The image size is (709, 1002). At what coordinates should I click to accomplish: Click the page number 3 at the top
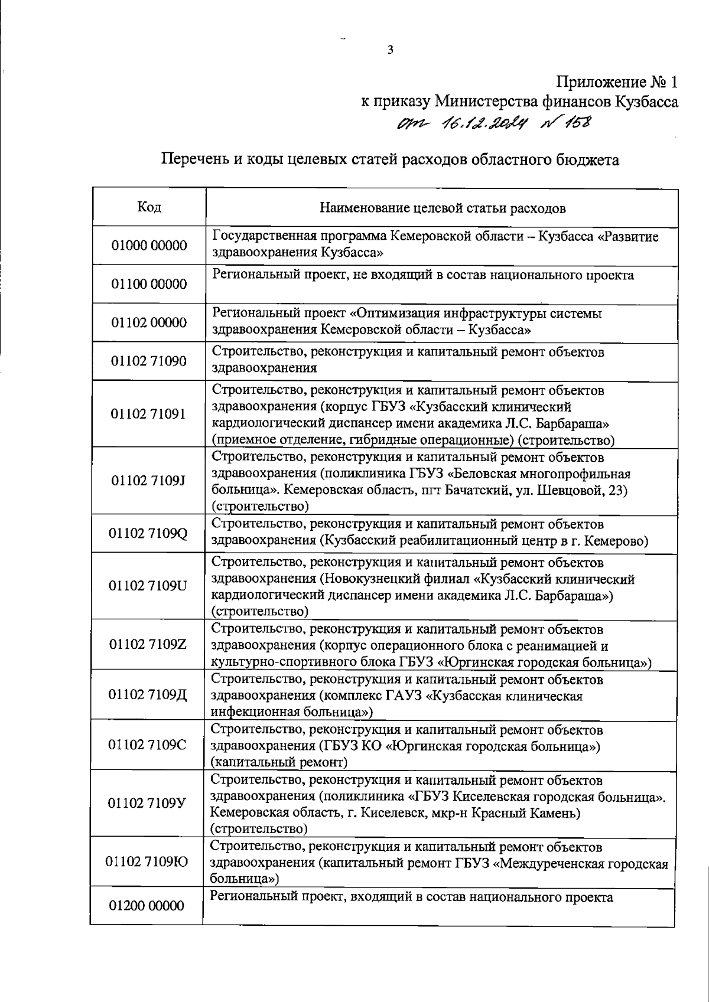390,50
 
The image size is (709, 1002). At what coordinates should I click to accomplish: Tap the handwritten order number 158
577,123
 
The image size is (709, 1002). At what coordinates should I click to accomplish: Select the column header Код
149,207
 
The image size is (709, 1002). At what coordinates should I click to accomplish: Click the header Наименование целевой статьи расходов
442,208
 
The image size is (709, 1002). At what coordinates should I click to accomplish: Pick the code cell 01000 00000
149,246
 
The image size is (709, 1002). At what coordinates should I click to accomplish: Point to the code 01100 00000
149,284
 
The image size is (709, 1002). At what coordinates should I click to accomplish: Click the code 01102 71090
149,361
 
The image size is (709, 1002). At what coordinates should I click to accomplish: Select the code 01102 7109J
149,480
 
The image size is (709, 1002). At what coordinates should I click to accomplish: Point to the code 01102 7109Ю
147,861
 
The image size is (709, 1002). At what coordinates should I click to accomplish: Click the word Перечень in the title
191,159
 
